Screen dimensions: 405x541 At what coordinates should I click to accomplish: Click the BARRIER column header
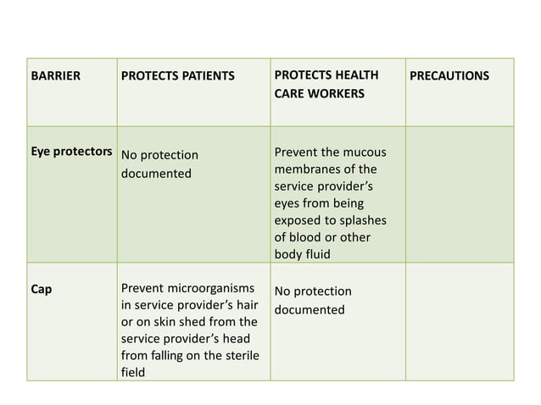pos(55,76)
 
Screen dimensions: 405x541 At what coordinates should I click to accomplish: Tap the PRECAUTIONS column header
pos(449,76)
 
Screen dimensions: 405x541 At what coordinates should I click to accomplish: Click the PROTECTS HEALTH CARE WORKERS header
pos(326,84)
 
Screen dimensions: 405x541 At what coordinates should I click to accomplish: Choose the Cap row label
pos(41,289)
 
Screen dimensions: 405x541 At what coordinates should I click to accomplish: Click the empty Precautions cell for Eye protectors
pos(460,194)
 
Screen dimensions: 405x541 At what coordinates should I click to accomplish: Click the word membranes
pos(308,169)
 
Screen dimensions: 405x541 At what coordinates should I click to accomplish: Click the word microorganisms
pos(207,289)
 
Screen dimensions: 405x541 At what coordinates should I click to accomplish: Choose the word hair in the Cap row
pos(246,306)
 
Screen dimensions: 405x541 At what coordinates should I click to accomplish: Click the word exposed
pos(298,220)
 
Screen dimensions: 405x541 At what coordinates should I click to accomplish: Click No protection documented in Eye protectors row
pos(159,164)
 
